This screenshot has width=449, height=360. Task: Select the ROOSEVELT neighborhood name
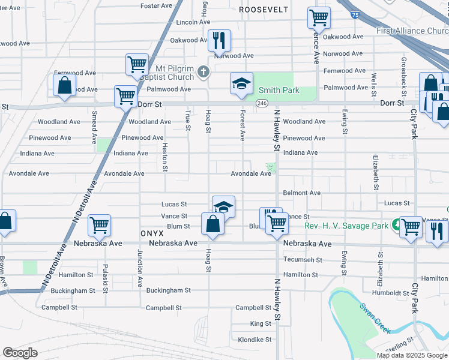pos(264,10)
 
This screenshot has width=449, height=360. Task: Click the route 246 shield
pos(262,103)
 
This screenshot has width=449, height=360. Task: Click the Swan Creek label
pos(376,318)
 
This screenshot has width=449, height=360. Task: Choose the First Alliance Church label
pos(412,31)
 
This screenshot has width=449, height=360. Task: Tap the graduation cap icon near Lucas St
pos(223,206)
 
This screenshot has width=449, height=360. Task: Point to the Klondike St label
pos(255,340)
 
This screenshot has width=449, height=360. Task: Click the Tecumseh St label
pos(303,260)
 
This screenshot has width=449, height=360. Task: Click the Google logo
pos(20,353)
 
